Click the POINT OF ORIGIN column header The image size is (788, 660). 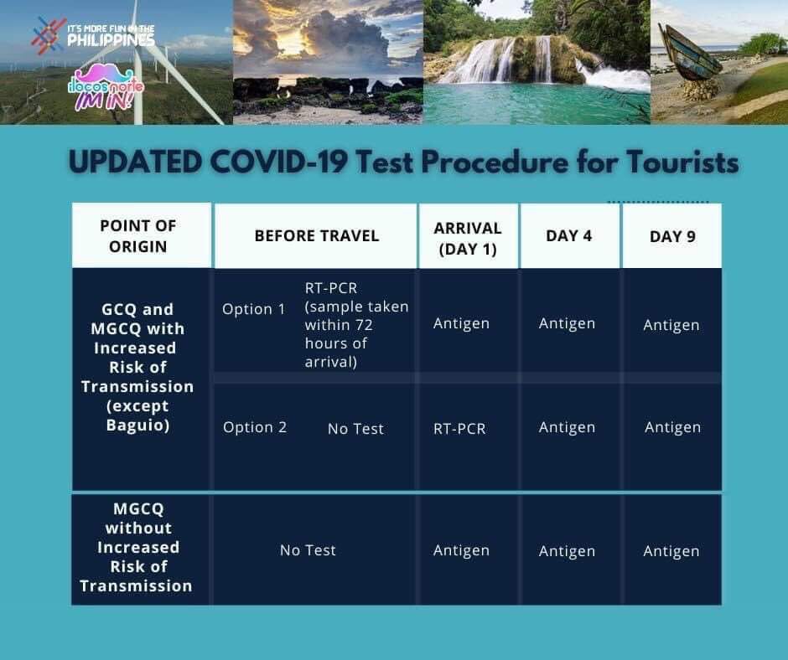[138, 236]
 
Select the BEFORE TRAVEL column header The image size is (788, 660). [317, 235]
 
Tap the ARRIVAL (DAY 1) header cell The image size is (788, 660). [468, 239]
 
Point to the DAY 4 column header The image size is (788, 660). [569, 235]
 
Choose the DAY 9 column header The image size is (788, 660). [672, 236]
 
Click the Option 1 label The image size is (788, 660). [254, 309]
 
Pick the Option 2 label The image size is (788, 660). [255, 427]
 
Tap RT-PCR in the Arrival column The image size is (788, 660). [460, 429]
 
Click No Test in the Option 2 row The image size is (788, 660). [355, 429]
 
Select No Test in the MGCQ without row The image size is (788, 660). [308, 550]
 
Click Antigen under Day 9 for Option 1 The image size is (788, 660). [671, 325]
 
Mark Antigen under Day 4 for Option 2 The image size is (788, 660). [567, 427]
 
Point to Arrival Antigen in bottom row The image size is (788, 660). [461, 550]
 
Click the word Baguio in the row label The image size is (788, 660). [137, 425]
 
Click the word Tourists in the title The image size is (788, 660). [682, 162]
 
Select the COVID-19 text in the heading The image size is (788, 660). [279, 162]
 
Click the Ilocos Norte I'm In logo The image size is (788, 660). [106, 87]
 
